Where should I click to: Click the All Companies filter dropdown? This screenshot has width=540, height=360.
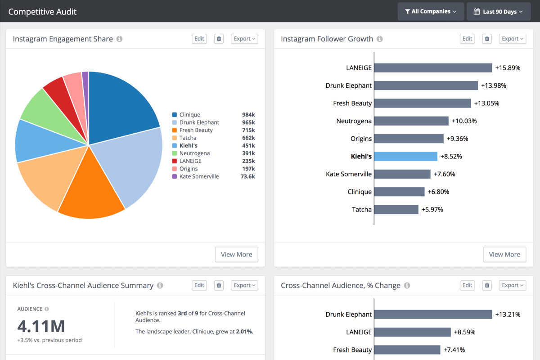(431, 12)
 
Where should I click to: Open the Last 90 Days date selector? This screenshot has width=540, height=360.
(499, 12)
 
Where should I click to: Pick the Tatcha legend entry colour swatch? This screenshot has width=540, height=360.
(174, 138)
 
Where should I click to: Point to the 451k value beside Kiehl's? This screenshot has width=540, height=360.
(248, 146)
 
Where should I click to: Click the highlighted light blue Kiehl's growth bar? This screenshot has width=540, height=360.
(405, 156)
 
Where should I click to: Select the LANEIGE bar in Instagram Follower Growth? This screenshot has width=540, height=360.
(433, 68)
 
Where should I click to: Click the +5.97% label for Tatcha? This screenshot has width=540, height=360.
(432, 209)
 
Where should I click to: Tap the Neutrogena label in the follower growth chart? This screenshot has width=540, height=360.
(354, 121)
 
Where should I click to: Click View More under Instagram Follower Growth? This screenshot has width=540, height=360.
(504, 254)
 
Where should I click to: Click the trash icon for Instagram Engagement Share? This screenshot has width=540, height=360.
(219, 39)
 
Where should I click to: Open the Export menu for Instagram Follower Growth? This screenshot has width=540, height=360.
(513, 39)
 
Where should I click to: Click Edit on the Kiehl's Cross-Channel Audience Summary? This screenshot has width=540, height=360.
(199, 285)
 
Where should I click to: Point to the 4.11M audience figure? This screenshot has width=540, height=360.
(41, 326)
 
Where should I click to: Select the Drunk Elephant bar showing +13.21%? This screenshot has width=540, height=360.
(433, 315)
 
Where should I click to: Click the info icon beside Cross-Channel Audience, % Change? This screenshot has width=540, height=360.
(407, 286)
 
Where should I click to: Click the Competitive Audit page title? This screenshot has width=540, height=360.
(42, 12)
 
